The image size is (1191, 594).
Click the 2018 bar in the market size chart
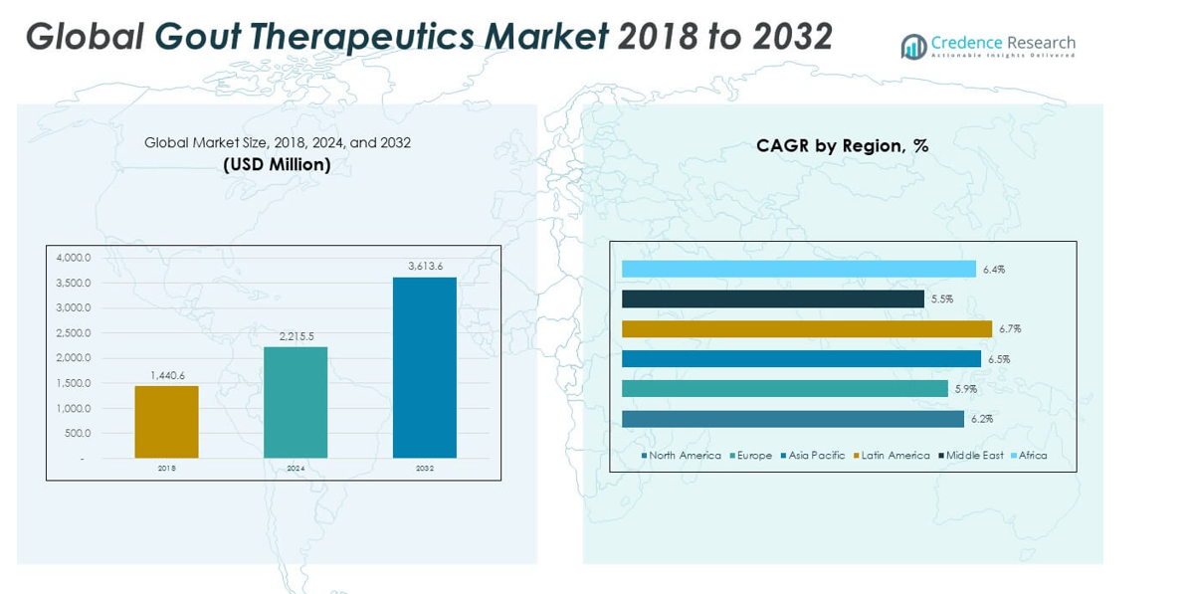(x=166, y=422)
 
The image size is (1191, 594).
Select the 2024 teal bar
(x=296, y=402)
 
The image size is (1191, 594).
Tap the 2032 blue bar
(x=425, y=367)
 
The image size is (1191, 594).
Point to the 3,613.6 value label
(x=425, y=266)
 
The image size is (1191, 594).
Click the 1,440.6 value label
(x=167, y=375)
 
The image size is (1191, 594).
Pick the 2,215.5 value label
(x=296, y=336)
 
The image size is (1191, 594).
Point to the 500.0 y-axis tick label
(x=78, y=433)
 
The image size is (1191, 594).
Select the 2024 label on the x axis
(x=296, y=468)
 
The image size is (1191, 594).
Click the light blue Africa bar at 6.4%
(x=798, y=269)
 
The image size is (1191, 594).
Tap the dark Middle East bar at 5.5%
(x=772, y=298)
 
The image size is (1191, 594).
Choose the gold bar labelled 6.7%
(x=806, y=328)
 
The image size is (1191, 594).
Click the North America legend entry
(x=683, y=456)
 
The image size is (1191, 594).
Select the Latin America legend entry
(x=893, y=456)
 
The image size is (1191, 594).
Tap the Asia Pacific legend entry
(x=815, y=456)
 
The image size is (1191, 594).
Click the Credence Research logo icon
(x=913, y=46)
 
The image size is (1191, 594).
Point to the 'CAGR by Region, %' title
(x=842, y=146)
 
